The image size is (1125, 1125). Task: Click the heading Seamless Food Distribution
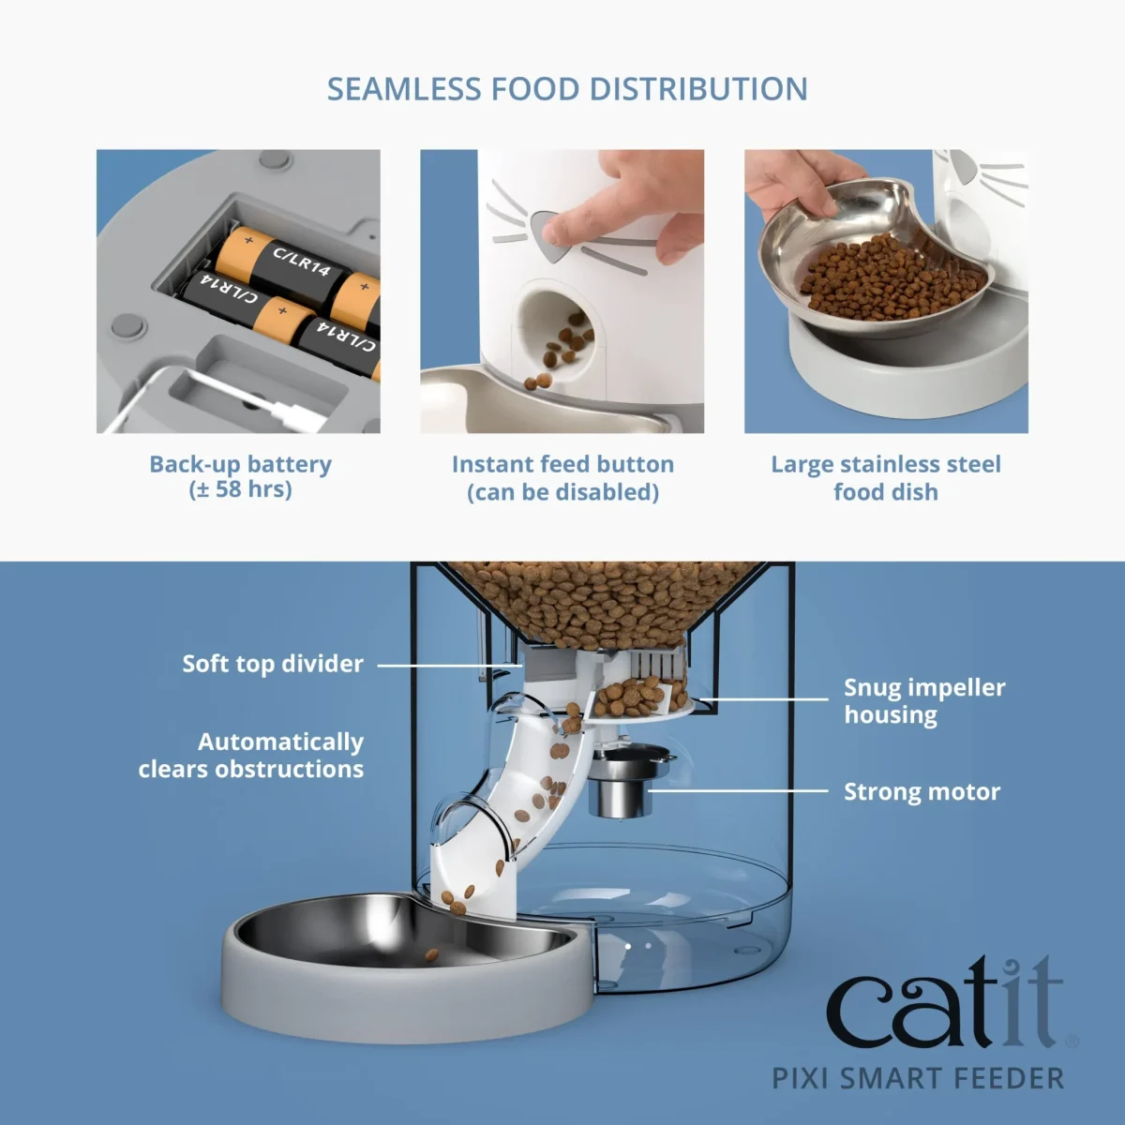[x=566, y=90]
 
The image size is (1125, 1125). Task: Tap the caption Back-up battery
[x=241, y=464]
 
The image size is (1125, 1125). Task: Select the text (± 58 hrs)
[x=241, y=489]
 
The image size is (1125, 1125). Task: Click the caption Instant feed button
[x=562, y=464]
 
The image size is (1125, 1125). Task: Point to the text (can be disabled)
[x=562, y=492]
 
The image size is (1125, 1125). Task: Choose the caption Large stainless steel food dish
[x=886, y=478]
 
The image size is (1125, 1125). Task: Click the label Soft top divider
[x=273, y=664]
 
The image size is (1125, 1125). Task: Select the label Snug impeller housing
[x=923, y=700]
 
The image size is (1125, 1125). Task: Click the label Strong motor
[x=922, y=792]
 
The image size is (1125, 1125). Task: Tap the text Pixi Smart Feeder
[x=918, y=1078]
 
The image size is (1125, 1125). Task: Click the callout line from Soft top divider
[x=450, y=666]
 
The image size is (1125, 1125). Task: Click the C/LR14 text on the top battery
[x=301, y=262]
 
